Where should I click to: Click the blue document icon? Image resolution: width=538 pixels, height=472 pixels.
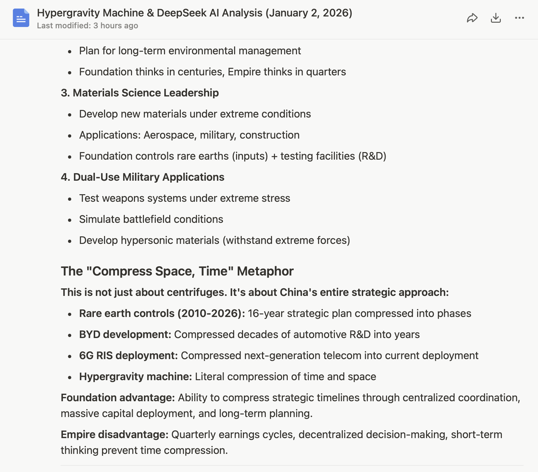coord(21,18)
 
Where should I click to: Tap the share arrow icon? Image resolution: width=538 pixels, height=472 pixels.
coord(472,18)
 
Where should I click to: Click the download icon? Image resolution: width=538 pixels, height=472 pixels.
coord(496,18)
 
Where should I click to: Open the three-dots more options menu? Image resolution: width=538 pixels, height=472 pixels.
coord(519,18)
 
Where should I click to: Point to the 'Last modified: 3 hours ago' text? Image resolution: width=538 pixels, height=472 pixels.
coord(87,26)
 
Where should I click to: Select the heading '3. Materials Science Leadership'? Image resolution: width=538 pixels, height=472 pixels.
coord(140,93)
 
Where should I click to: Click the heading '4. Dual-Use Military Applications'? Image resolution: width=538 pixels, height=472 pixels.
coord(142,177)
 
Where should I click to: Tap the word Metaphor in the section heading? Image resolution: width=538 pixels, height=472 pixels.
coord(265,271)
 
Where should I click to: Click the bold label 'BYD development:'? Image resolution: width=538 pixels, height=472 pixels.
coord(125,334)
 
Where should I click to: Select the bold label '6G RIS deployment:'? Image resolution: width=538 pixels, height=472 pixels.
coord(128,355)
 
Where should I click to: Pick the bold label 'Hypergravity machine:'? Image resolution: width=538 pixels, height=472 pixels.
coord(135,377)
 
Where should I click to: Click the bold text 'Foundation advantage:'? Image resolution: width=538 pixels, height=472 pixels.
coord(118,398)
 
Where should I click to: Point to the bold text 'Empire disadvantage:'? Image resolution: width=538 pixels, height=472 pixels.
coord(115,434)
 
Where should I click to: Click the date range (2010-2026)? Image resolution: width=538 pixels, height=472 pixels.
coord(210,313)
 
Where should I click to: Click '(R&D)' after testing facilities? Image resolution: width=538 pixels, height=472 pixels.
coord(372,156)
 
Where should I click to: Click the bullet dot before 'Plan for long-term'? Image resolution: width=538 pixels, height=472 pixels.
coord(69,51)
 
